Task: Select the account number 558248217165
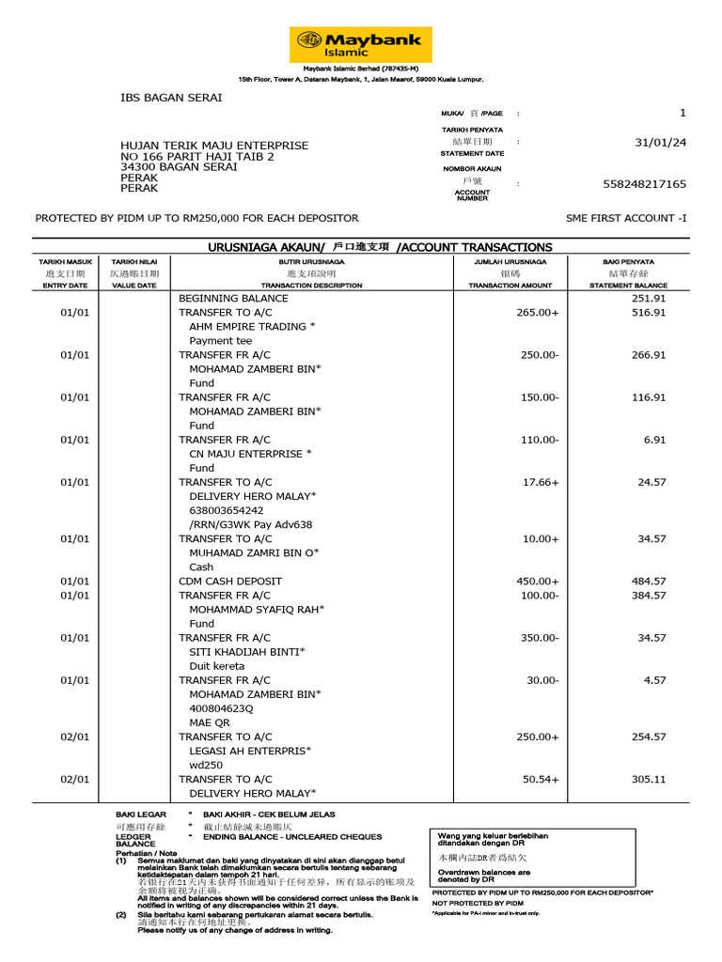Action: point(644,184)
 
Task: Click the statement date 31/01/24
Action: point(661,143)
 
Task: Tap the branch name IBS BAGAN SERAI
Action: point(167,97)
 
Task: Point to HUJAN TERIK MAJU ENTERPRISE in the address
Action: point(214,146)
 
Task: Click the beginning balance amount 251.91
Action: point(648,299)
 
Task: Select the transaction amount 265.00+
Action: point(538,313)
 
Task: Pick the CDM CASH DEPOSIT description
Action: point(230,582)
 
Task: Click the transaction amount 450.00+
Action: point(538,582)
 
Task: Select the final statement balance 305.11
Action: point(648,779)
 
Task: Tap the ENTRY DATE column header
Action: point(65,285)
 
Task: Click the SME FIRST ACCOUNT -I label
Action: point(626,218)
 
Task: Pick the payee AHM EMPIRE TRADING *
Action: point(252,327)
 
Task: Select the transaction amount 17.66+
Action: point(541,482)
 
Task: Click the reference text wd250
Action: point(207,765)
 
